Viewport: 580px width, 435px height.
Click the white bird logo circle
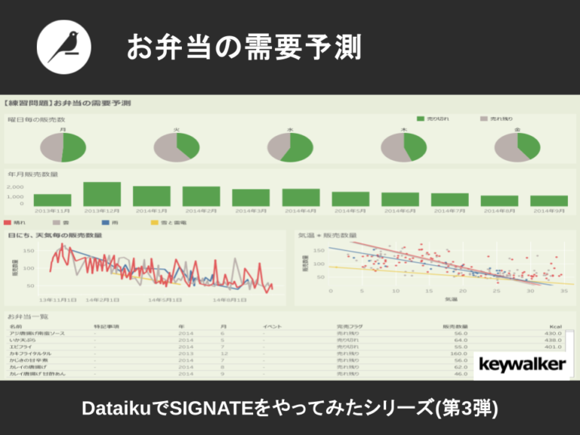[x=63, y=47]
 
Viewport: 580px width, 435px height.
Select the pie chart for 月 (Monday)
[x=62, y=147]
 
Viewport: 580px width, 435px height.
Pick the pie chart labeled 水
[x=290, y=147]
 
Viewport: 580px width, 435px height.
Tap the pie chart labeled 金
[x=517, y=147]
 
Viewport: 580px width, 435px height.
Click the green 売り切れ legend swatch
[x=420, y=119]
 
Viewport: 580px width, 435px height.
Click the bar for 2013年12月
[x=102, y=194]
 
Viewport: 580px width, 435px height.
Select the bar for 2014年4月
[x=301, y=197]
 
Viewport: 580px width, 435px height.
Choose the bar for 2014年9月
[x=549, y=201]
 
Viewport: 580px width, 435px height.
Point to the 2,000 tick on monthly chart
[x=16, y=186]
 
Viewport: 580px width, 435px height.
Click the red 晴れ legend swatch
[x=8, y=224]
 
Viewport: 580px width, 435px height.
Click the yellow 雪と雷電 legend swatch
[x=155, y=224]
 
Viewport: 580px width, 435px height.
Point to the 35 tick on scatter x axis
[x=563, y=291]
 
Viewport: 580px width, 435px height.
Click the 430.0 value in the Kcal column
[x=554, y=333]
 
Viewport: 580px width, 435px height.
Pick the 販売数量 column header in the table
[x=454, y=325]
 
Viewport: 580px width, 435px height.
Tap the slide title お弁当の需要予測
[x=243, y=48]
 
